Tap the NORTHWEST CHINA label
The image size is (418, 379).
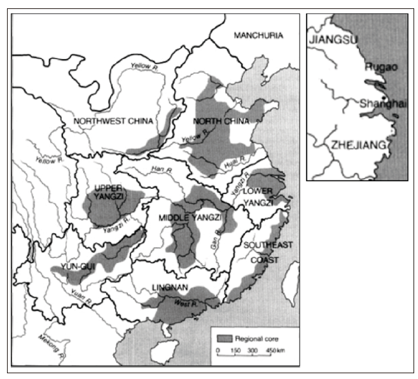104,121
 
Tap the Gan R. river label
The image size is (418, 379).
215,242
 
